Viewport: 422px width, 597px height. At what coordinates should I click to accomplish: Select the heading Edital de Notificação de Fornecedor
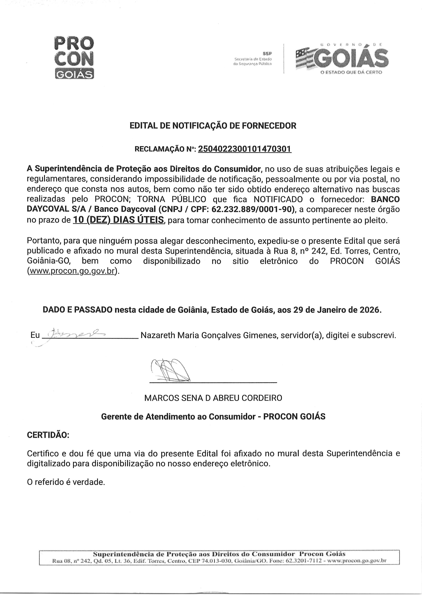coord(213,126)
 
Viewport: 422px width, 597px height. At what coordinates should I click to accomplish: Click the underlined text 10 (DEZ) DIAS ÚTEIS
coord(118,220)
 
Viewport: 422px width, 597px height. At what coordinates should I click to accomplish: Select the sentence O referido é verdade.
coord(66,482)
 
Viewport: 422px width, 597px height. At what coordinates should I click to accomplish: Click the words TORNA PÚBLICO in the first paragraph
coord(172,199)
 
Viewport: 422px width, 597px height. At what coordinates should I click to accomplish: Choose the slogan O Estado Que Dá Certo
coord(351,72)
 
